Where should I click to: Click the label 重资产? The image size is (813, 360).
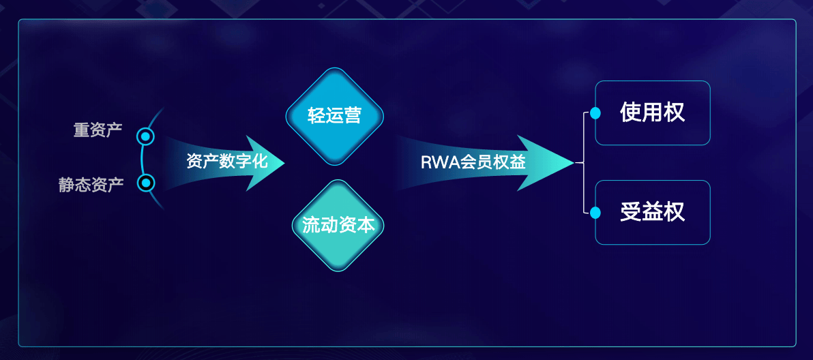click(98, 130)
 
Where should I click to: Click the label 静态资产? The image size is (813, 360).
click(91, 185)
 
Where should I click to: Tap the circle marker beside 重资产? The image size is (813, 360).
click(145, 137)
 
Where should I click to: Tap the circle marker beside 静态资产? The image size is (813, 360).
click(146, 183)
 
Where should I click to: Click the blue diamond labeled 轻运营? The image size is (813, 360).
click(334, 117)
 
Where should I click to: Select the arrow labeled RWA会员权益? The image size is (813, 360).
click(477, 162)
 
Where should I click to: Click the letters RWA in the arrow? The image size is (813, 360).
click(435, 163)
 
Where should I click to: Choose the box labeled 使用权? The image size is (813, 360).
click(653, 112)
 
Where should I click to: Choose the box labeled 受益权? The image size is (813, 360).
click(653, 212)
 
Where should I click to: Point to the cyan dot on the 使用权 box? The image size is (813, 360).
click(595, 113)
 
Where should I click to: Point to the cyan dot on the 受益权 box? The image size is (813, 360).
click(595, 213)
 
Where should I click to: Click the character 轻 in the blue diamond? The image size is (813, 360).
click(316, 117)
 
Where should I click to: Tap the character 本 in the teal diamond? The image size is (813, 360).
click(366, 226)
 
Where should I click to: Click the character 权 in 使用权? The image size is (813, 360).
click(675, 112)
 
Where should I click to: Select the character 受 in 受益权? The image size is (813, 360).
click(630, 212)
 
